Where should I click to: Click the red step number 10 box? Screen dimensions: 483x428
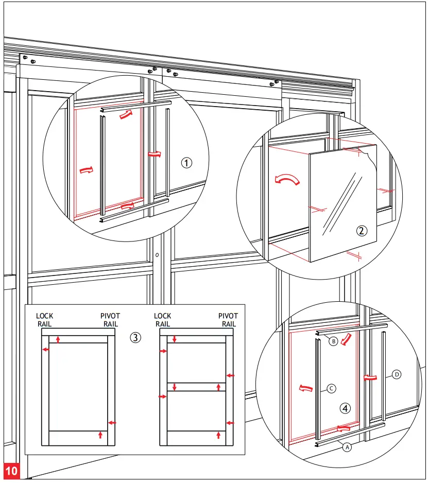11,470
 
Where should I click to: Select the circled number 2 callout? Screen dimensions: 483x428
362,230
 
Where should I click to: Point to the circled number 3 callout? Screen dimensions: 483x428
135,338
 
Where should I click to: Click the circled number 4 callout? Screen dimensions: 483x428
346,408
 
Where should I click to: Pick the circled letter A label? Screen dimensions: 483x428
347,447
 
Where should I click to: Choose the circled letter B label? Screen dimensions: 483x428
333,341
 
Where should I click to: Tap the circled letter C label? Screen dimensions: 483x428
332,390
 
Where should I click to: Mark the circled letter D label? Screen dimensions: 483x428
397,374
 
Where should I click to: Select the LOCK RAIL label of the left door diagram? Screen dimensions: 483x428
45,320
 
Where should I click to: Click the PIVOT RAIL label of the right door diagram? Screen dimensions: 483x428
228,320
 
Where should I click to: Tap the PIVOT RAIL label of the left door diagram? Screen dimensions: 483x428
111,320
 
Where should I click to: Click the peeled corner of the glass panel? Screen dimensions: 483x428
367,151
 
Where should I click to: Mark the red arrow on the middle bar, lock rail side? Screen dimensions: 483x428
175,387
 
